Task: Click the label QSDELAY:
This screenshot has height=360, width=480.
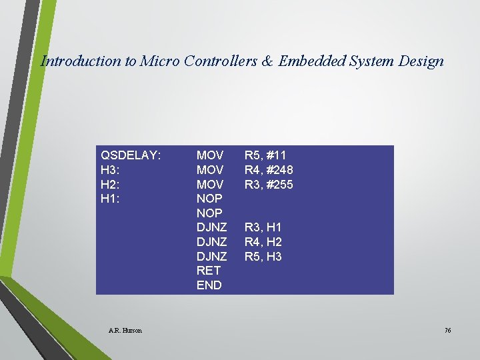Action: pyautogui.click(x=130, y=155)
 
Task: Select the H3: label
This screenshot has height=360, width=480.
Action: pyautogui.click(x=111, y=170)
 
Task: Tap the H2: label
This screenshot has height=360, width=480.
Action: pyautogui.click(x=111, y=184)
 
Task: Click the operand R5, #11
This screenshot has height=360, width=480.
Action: pyautogui.click(x=265, y=155)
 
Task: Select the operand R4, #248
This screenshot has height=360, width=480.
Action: pyautogui.click(x=269, y=170)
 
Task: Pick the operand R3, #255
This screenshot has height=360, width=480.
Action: pyautogui.click(x=269, y=184)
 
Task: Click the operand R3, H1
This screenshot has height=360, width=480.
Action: pyautogui.click(x=263, y=227)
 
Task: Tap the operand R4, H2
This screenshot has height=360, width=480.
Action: pyautogui.click(x=263, y=242)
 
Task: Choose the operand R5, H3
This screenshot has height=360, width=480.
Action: pyautogui.click(x=263, y=257)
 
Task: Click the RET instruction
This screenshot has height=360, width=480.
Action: pyautogui.click(x=207, y=271)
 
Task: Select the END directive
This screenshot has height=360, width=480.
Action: pyautogui.click(x=209, y=285)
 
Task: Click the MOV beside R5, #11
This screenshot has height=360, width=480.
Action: pyautogui.click(x=210, y=155)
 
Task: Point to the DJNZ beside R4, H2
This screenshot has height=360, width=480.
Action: pyautogui.click(x=211, y=242)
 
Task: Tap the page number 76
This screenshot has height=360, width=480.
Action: pyautogui.click(x=447, y=330)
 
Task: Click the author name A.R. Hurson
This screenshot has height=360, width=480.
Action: pyautogui.click(x=125, y=330)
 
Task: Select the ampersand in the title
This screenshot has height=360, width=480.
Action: pyautogui.click(x=267, y=61)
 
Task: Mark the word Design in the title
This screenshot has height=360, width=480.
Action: pyautogui.click(x=422, y=61)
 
